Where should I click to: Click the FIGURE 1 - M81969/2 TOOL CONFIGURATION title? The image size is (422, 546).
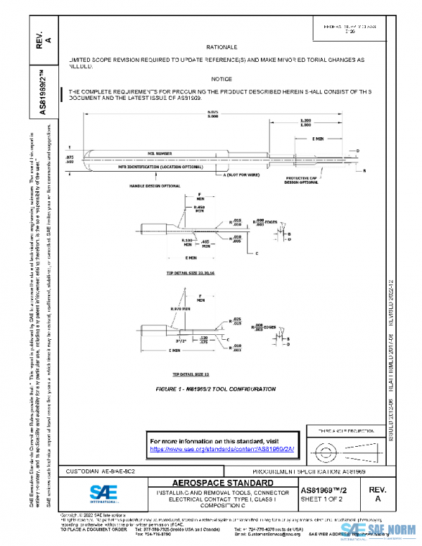[x=216, y=388]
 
